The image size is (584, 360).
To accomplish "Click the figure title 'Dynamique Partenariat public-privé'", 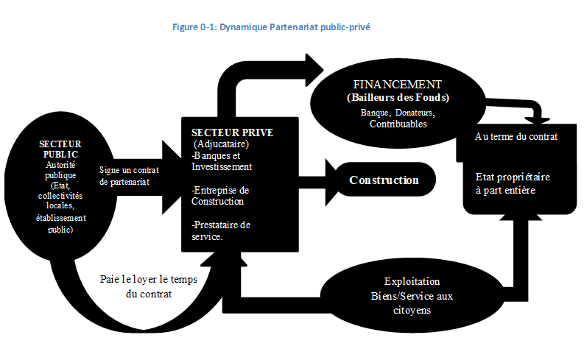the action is tap(295, 27).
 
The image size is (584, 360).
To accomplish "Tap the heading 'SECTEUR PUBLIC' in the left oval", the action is tap(60, 149).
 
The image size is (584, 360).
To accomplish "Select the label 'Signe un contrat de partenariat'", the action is tap(129, 176).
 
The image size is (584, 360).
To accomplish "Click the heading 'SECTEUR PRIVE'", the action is tap(232, 133).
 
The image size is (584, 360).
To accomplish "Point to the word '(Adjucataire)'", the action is tap(221, 144).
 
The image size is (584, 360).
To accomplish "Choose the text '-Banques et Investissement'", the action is tap(222, 160).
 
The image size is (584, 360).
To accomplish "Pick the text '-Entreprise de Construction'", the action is tap(220, 196).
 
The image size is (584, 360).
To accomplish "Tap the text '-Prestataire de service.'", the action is tap(221, 231).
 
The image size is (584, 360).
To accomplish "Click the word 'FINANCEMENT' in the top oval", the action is tap(398, 85).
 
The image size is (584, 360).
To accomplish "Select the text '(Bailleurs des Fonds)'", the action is tap(398, 97).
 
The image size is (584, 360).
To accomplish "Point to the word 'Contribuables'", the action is tap(398, 124).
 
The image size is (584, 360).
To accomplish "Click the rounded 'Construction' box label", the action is tap(384, 180).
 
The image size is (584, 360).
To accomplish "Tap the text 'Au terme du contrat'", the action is tap(516, 137).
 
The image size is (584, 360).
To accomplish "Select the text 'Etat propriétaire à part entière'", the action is tap(513, 183).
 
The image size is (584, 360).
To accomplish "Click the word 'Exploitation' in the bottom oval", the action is tap(412, 281).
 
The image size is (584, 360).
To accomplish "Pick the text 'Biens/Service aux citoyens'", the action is tap(412, 303).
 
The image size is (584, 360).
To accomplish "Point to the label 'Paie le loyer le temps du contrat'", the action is tap(149, 286).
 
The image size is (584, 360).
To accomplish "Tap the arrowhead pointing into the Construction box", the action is tap(332, 182).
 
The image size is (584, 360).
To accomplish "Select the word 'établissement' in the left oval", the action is tap(60, 218).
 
